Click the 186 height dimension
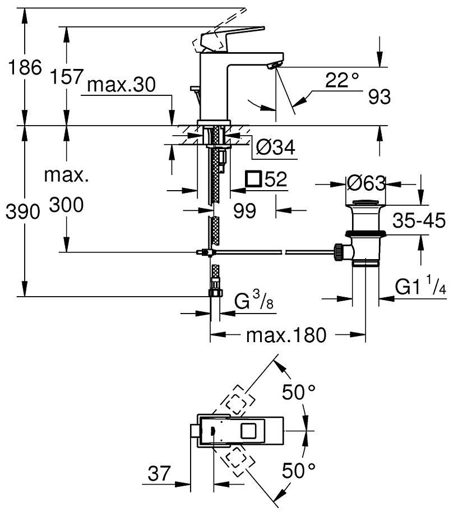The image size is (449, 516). pos(25,68)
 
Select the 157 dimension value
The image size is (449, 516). pos(67,77)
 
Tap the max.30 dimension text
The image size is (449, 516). pos(122,85)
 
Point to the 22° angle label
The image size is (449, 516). pos(342,80)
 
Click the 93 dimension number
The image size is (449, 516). pos(379,96)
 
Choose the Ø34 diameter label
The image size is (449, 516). pos(276,147)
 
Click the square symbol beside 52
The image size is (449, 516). pos(253,179)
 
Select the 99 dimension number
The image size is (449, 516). pos(244,211)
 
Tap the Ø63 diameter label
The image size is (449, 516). pos(366,183)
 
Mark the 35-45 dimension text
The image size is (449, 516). pos(419,220)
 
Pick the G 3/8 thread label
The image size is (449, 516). pos(253,300)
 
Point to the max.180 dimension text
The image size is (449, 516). pos(286,335)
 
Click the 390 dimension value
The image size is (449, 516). pos(22,211)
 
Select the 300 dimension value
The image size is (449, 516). pos(67,205)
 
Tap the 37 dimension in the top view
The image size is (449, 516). pos(159,473)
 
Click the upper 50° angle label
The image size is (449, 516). pos(299,391)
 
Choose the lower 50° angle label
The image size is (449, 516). pos(299,470)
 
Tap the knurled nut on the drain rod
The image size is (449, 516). pos(338,252)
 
